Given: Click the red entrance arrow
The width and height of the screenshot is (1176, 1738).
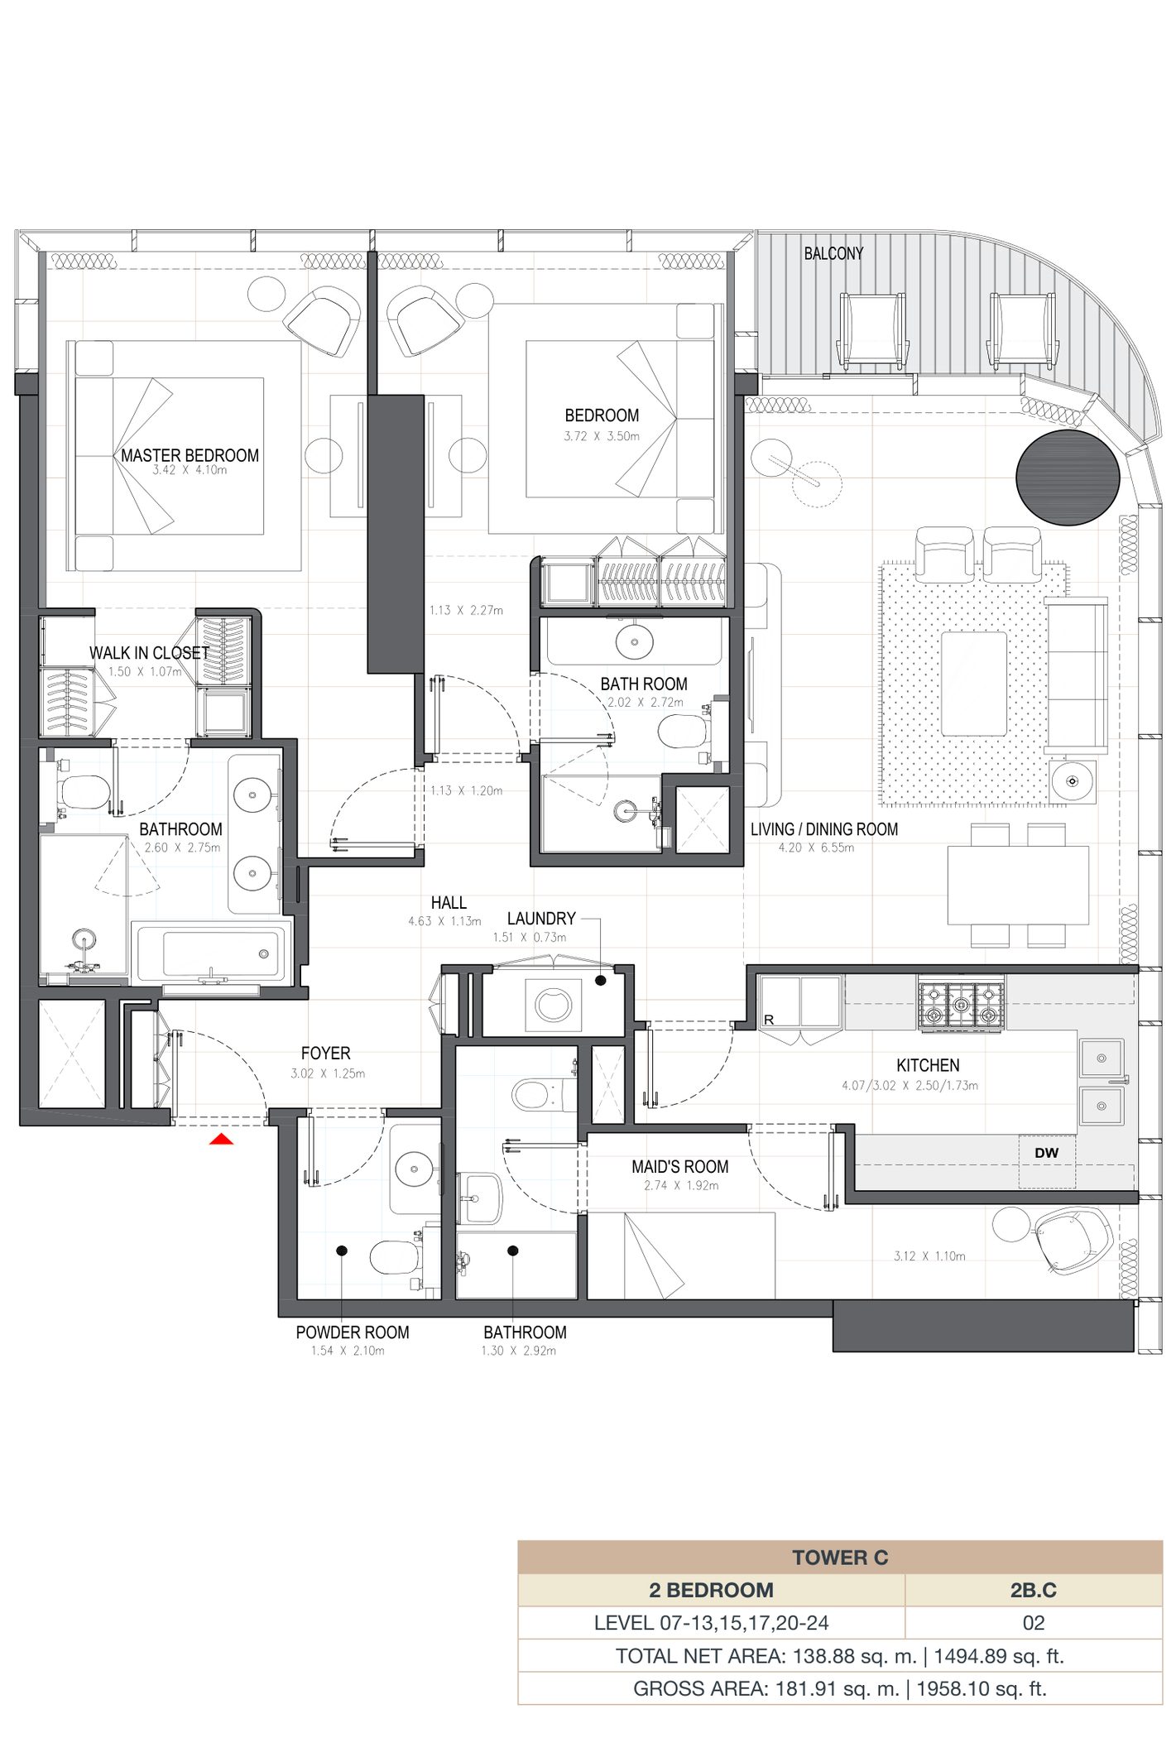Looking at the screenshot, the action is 221,1140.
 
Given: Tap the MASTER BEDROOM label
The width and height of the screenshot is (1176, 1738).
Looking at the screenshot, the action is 190,455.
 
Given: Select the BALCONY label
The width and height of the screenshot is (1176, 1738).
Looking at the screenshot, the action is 833,253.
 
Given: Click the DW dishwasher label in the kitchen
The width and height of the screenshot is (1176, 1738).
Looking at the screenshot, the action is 1046,1153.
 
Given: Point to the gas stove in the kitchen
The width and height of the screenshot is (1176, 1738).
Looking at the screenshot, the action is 961,1005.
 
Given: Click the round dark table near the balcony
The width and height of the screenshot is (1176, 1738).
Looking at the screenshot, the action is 1068,478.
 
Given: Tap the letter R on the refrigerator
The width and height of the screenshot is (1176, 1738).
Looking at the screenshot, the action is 769,1020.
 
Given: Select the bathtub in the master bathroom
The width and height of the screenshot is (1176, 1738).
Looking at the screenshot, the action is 212,954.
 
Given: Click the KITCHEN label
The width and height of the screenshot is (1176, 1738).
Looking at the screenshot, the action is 928,1065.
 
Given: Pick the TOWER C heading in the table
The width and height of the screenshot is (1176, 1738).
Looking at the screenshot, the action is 840,1558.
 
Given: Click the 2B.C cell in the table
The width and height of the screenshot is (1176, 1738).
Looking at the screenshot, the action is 1033,1590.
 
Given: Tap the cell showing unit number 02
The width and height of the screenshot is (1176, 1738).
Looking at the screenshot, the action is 1033,1623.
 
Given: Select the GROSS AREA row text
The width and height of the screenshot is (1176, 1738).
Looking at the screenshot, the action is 840,1688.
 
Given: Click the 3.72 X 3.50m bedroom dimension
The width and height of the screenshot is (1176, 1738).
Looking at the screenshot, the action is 602,436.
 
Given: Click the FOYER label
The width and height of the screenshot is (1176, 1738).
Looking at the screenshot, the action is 325,1053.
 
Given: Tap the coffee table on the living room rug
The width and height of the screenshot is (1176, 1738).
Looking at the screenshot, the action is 974,684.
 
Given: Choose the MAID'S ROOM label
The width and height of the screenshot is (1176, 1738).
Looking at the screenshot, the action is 680,1167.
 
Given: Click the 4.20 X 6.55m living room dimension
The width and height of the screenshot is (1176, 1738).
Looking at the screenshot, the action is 816,847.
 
